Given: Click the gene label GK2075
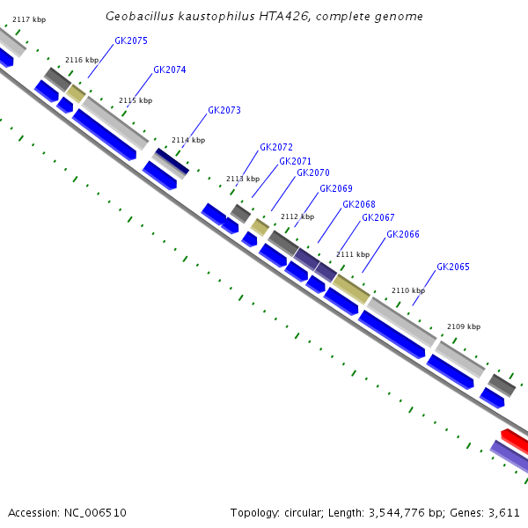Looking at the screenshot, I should [x=131, y=41].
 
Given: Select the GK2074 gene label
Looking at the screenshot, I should [x=170, y=70].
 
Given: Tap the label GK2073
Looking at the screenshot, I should [x=224, y=111].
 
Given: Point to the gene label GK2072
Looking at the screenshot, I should [x=276, y=148].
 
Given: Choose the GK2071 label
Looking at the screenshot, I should [x=296, y=162].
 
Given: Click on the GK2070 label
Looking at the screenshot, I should [x=313, y=173].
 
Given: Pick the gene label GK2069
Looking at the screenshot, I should [x=336, y=189].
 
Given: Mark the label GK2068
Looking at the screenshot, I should [x=359, y=205].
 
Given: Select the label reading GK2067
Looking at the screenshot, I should [x=378, y=218].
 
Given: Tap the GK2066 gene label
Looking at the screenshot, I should [x=403, y=235].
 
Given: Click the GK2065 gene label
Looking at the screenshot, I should [x=453, y=268].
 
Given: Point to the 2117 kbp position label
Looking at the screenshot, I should [x=29, y=19].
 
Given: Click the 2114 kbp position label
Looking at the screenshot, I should [x=188, y=140].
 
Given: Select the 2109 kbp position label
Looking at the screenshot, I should [x=464, y=326].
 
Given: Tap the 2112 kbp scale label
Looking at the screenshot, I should [x=297, y=216].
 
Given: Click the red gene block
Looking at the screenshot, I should [x=515, y=439].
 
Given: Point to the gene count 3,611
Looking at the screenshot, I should [x=505, y=512].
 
